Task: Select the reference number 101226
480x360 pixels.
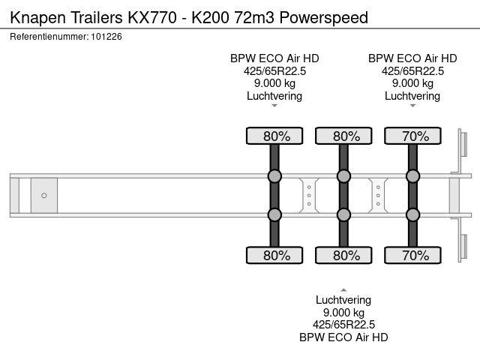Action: pos(107,36)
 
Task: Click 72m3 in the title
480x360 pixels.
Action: pos(259,16)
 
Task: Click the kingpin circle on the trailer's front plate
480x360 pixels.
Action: pos(43,196)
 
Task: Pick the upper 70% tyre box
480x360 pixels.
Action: pos(412,136)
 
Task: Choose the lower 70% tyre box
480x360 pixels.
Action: pos(412,255)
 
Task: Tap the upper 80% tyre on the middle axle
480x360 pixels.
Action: pos(343,136)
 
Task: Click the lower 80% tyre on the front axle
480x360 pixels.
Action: pos(274,255)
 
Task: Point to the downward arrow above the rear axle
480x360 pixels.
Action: pos(412,106)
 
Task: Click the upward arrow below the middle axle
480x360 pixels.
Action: pos(343,289)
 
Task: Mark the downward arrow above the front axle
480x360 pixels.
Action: pos(274,106)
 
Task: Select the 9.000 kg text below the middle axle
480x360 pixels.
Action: pos(343,312)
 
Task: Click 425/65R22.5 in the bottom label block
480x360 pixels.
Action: pos(343,325)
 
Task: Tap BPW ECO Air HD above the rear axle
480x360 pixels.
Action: pos(412,58)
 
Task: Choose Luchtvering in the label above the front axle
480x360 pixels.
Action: pos(274,96)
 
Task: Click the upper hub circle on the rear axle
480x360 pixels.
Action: pos(412,176)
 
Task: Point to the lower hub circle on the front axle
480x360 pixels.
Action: pos(274,214)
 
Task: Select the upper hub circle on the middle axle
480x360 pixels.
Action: pos(343,176)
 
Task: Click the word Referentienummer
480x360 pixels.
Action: pos(49,36)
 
